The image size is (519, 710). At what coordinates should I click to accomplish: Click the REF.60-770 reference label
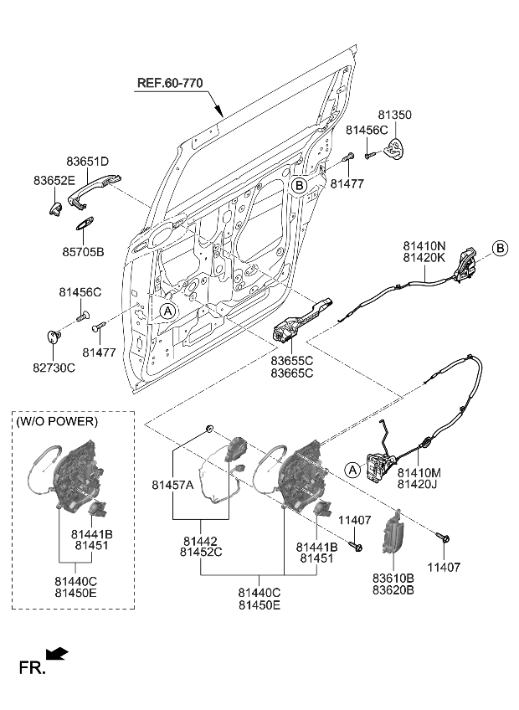(x=171, y=83)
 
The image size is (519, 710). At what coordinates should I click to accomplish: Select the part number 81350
(x=394, y=115)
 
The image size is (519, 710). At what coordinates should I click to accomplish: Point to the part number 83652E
(x=54, y=180)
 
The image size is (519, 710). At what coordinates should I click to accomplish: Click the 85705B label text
(x=83, y=250)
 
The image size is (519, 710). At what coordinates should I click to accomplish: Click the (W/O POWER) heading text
(x=56, y=421)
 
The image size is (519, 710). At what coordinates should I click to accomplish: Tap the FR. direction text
(x=31, y=667)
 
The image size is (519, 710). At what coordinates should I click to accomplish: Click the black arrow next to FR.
(x=58, y=654)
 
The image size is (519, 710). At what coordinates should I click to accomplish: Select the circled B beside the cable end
(x=500, y=248)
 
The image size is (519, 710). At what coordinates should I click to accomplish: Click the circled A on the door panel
(x=167, y=311)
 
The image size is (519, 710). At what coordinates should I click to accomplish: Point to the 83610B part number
(x=394, y=578)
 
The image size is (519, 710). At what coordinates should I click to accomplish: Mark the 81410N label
(x=424, y=245)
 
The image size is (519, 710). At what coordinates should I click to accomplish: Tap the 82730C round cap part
(x=54, y=337)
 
